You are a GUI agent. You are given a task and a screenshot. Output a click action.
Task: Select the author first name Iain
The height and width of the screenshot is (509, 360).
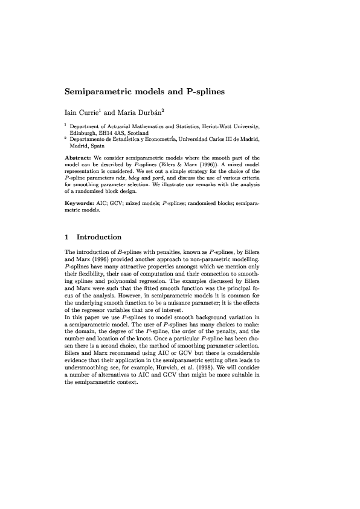[x=72, y=112]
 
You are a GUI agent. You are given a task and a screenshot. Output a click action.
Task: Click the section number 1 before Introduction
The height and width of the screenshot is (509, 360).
[x=67, y=237]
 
